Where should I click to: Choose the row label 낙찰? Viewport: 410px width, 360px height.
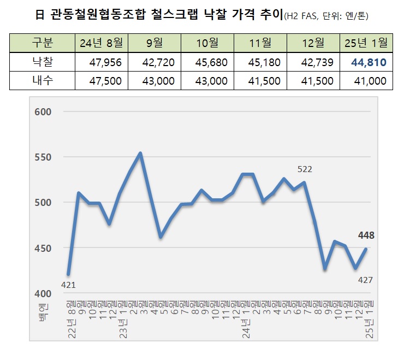[41, 62]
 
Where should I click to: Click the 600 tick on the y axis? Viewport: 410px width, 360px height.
[42, 112]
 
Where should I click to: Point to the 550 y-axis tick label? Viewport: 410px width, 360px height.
[42, 157]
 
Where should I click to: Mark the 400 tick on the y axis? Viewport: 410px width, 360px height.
[42, 294]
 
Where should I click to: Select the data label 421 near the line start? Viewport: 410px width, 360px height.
[68, 285]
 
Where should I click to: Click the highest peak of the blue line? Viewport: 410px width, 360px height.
[140, 154]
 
